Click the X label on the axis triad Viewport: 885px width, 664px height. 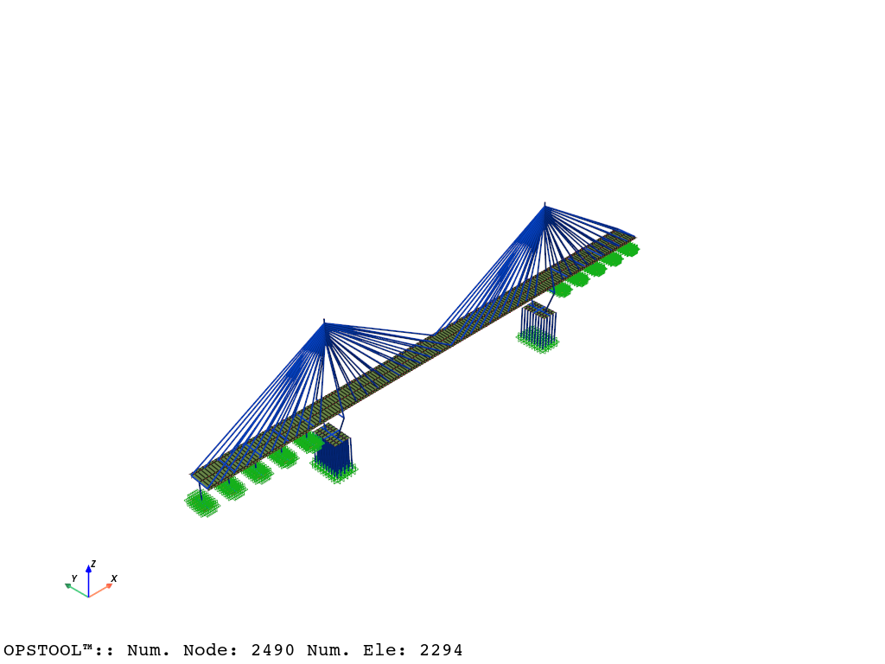114,578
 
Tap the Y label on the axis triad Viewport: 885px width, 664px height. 74,578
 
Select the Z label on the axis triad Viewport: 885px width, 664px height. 93,564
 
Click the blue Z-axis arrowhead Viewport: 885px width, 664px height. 89,569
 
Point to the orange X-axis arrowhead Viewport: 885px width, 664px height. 109,586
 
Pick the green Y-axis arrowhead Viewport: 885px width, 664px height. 68,586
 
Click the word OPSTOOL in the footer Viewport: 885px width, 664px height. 43,650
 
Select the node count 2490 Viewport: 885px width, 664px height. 272,650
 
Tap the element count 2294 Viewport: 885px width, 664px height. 441,650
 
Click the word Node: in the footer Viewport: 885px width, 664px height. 210,650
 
